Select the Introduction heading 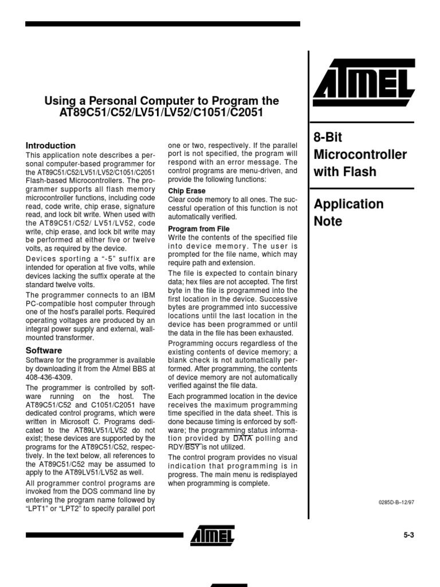51,146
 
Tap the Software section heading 44,350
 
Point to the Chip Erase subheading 186,191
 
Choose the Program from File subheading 198,229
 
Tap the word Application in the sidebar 348,204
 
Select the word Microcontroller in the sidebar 360,155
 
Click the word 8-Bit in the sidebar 328,138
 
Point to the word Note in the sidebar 328,221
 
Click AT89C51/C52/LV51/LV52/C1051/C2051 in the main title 162,113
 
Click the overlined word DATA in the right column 242,439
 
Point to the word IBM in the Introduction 147,295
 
